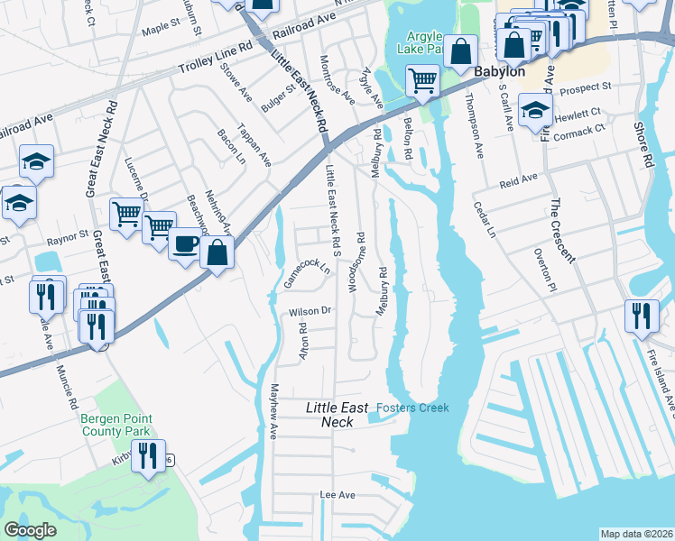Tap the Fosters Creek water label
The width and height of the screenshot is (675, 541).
point(412,408)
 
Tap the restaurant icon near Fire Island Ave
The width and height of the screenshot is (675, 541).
point(642,316)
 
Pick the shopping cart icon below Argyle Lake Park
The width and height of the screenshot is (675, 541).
point(422,81)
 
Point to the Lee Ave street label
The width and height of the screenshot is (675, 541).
point(338,495)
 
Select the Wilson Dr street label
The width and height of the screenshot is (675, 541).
point(310,312)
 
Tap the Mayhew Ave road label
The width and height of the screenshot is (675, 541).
point(273,411)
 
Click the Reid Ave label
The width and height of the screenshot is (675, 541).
point(518,181)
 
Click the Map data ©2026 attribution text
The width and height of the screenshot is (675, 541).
point(635,534)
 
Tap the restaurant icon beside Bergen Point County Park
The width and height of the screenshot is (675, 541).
point(149,456)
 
